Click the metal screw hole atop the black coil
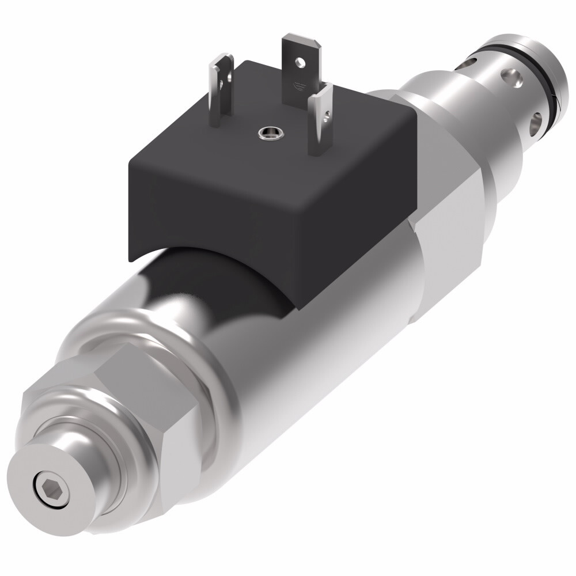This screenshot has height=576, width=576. (x=266, y=133)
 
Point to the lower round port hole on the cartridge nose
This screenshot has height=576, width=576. (x=536, y=121)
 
